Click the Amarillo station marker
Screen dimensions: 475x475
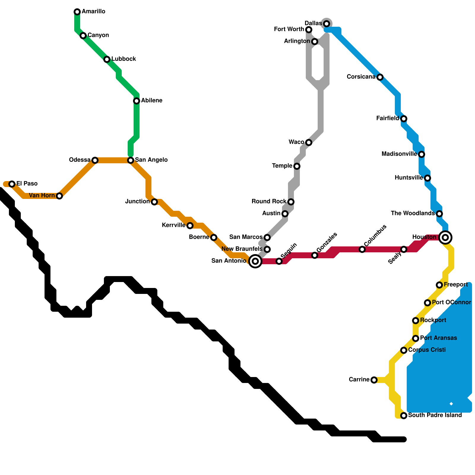[x=77, y=12]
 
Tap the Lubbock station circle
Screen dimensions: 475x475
[x=107, y=59]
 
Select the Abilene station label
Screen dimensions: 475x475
[x=151, y=101]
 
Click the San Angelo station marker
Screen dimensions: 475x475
[x=131, y=160]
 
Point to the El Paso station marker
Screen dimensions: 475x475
[x=12, y=184]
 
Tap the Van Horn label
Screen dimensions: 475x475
[x=42, y=196]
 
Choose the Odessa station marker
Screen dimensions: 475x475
[x=95, y=160]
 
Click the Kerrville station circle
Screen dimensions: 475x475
[x=190, y=226]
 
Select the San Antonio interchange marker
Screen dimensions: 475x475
[x=255, y=261]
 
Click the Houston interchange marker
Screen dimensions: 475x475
[x=445, y=237]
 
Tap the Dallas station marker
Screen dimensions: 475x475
[x=327, y=24]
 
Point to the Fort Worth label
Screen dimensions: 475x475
[x=289, y=29]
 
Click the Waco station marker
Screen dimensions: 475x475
[x=309, y=142]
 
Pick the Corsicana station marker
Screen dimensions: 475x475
[x=380, y=77]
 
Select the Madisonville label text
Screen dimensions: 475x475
[x=399, y=154]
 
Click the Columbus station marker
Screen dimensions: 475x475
[x=362, y=249]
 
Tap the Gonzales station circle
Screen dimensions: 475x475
[x=315, y=255]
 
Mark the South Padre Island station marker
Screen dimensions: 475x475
[x=404, y=416]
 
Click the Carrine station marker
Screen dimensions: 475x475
[x=374, y=380]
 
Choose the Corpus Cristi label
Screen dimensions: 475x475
[x=427, y=350]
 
